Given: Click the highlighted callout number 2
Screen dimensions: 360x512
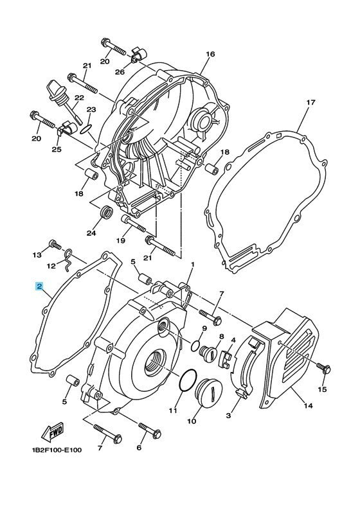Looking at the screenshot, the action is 39,287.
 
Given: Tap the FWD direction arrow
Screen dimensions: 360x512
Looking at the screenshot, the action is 52,431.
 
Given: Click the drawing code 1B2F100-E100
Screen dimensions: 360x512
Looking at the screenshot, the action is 57,450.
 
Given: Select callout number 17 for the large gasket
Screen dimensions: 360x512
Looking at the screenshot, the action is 310,103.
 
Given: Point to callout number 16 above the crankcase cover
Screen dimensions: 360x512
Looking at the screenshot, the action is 211,54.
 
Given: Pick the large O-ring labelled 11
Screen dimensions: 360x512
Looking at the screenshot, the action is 188,380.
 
